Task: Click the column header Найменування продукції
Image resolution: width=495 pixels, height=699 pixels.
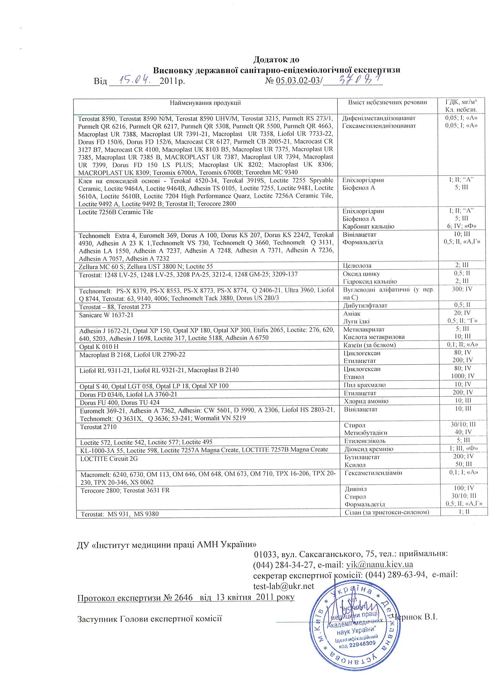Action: coord(205,103)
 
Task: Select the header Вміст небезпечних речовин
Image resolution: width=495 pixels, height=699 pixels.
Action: coord(387,103)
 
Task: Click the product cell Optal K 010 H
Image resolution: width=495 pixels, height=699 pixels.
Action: coord(99,347)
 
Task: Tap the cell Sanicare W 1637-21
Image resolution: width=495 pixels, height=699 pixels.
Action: coord(106,315)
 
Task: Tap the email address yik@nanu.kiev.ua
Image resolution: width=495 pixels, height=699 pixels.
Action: coord(380,564)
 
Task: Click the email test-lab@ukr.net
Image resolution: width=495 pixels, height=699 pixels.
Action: coord(283,586)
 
